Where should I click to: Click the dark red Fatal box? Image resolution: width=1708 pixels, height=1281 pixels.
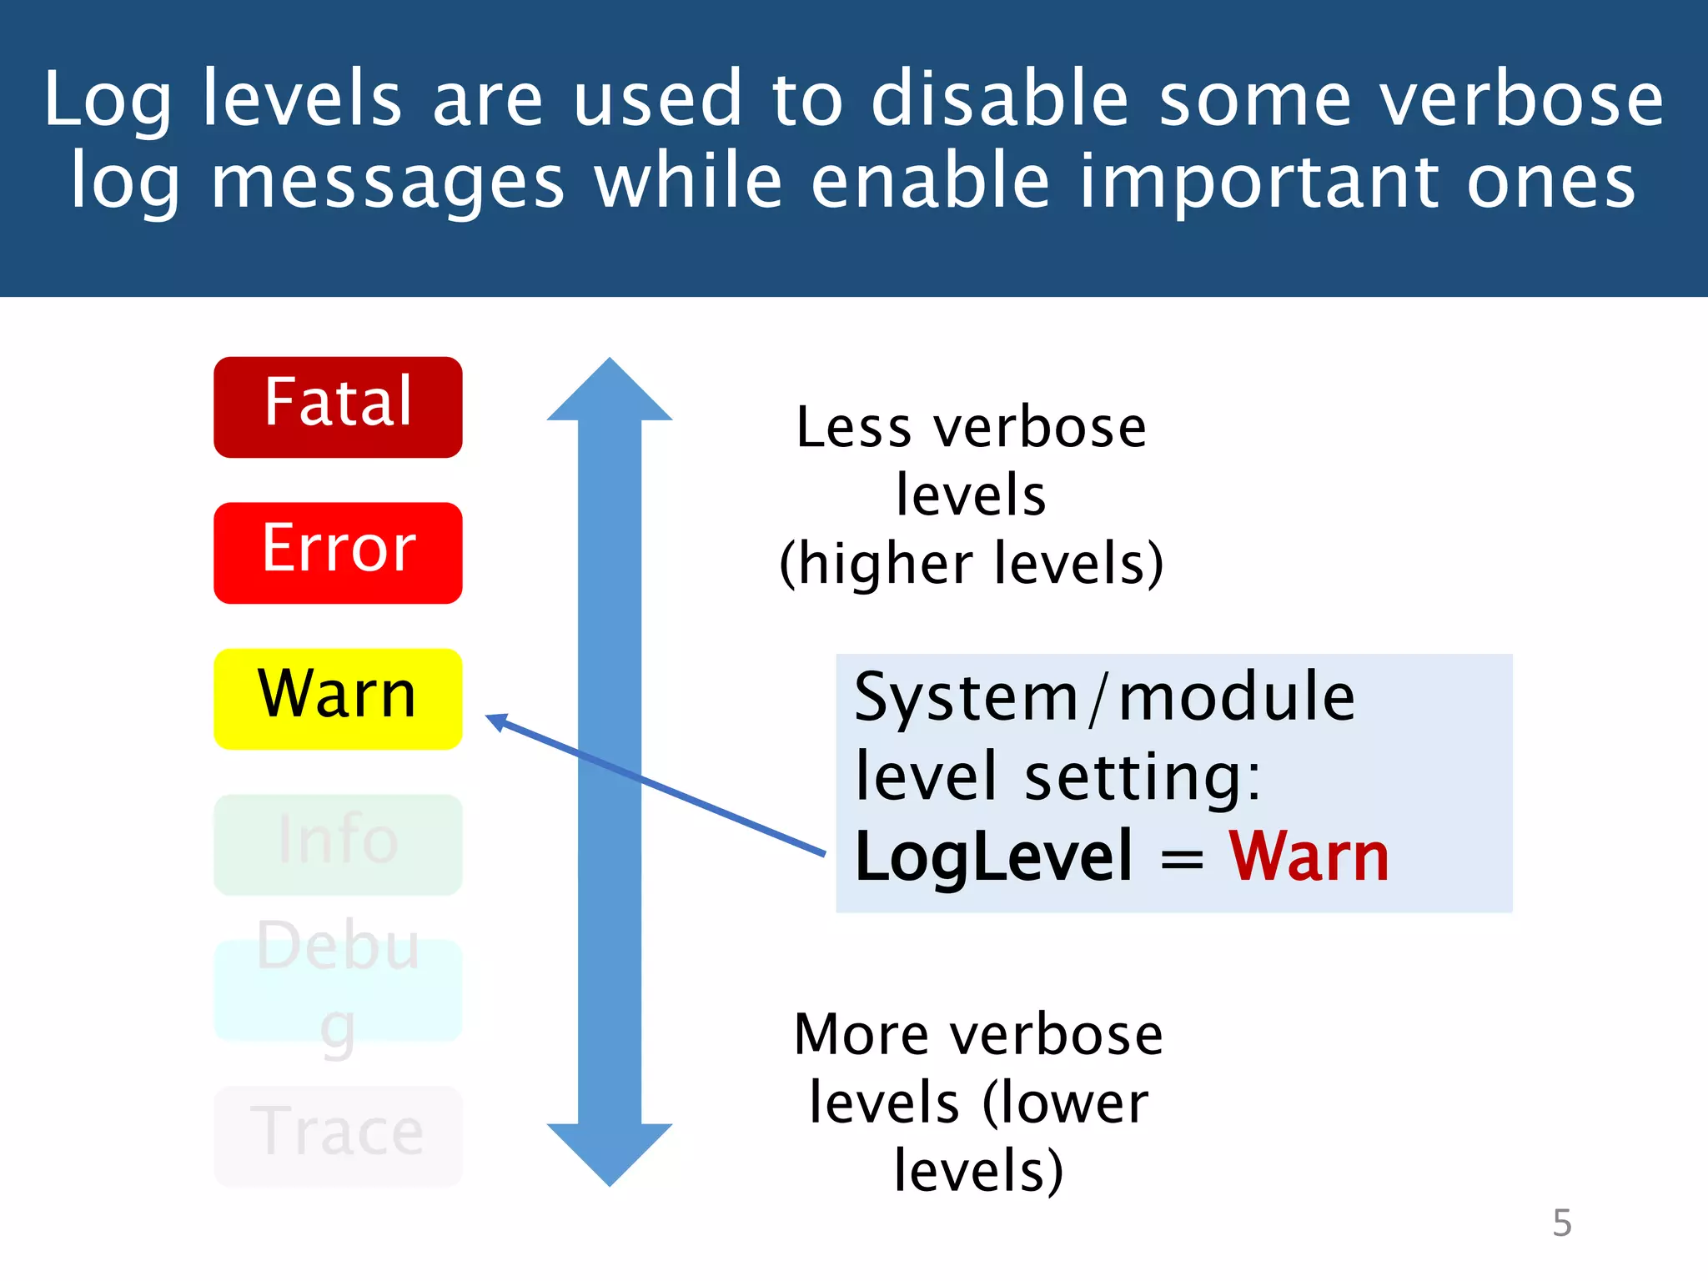338,407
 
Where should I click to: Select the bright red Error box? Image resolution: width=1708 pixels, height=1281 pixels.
338,552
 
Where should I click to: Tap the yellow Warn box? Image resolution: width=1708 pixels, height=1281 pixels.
338,698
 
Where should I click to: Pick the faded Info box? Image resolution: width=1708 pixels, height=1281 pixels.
338,844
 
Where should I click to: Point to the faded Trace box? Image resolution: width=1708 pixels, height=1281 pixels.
338,1135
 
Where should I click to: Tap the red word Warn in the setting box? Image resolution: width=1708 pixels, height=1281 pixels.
1308,857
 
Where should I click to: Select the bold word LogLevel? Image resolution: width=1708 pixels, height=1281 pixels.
993,857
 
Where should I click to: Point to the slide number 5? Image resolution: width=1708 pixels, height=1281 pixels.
1561,1223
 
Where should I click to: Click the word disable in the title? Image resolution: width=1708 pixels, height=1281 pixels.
999,99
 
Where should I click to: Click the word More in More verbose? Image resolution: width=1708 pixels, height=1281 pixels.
861,1035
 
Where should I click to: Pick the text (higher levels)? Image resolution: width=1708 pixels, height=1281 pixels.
971,565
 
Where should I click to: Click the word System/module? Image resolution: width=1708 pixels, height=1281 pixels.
1104,697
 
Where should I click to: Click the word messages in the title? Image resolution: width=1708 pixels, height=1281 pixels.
388,183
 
